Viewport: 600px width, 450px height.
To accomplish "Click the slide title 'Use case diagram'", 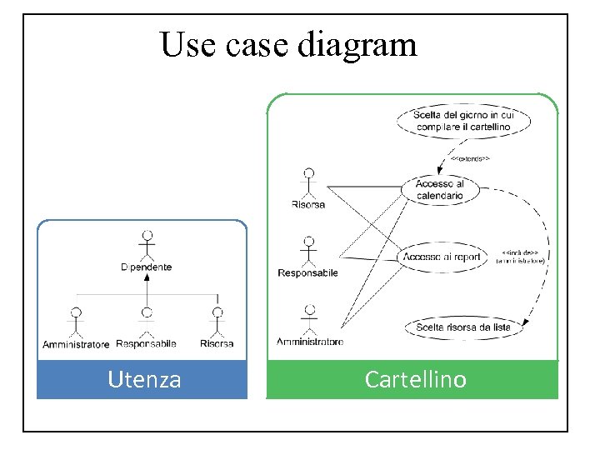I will click(288, 44).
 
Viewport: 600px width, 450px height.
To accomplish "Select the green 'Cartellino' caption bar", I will click(414, 380).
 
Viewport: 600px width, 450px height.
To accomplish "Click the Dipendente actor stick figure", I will click(147, 245).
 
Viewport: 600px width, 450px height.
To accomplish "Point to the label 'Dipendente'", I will click(147, 267).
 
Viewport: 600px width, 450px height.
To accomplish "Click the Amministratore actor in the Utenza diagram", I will click(76, 322).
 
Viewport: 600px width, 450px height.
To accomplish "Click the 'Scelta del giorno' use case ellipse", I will click(465, 120).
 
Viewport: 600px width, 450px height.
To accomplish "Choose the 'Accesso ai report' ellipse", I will click(442, 257).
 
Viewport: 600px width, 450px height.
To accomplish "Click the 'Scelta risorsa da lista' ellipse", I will click(462, 327).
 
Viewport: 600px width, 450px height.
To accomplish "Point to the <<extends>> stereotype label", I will click(470, 157).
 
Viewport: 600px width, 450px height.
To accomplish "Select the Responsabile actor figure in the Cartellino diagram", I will click(308, 250).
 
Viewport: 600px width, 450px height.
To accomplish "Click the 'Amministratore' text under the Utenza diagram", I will click(76, 344).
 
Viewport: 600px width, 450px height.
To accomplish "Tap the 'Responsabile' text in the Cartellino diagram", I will click(307, 273).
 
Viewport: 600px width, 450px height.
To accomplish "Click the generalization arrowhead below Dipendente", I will click(147, 277).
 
